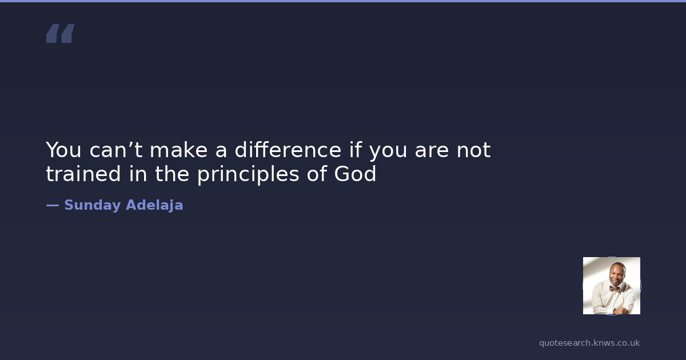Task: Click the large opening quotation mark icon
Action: pyautogui.click(x=61, y=33)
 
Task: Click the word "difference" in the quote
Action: pyautogui.click(x=288, y=150)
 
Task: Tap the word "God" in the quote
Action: pyautogui.click(x=355, y=174)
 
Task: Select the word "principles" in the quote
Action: pyautogui.click(x=248, y=174)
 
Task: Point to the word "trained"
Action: pyautogui.click(x=83, y=174)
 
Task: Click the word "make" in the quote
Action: pyautogui.click(x=178, y=150)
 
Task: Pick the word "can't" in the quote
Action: pyautogui.click(x=115, y=150)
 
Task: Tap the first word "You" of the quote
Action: pyautogui.click(x=63, y=150)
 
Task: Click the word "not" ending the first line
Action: pyautogui.click(x=473, y=150)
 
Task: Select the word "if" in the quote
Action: pyautogui.click(x=356, y=150)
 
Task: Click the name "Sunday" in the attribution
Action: pyautogui.click(x=93, y=205)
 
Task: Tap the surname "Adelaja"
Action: pyautogui.click(x=154, y=205)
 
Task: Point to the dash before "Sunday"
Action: pyautogui.click(x=53, y=205)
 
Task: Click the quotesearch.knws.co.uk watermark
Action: pyautogui.click(x=589, y=343)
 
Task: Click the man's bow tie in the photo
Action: pyautogui.click(x=614, y=289)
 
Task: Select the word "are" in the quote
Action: pyautogui.click(x=432, y=150)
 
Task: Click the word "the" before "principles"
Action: pyautogui.click(x=172, y=174)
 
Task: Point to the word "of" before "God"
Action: pyautogui.click(x=317, y=174)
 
